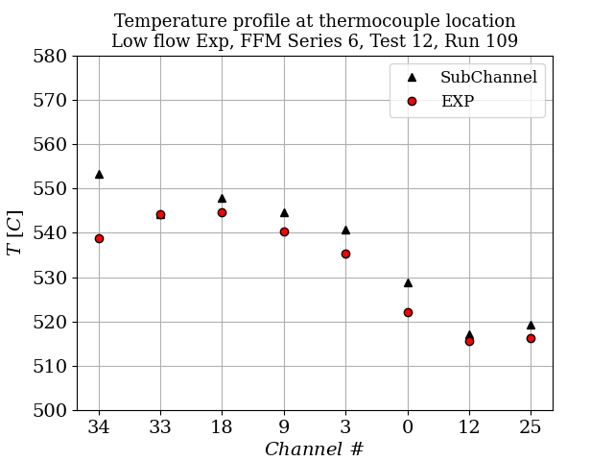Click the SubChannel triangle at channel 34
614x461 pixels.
(x=99, y=174)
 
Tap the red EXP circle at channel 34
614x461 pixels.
(x=99, y=238)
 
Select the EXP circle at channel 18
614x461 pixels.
(x=222, y=212)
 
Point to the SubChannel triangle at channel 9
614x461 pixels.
(x=284, y=212)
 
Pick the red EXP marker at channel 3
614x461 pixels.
(x=345, y=254)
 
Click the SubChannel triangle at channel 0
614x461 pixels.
(x=408, y=282)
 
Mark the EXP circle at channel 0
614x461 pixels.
(x=408, y=312)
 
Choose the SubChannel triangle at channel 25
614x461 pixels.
(x=531, y=325)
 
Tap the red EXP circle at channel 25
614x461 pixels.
(x=531, y=338)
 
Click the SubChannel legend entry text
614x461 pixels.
(x=488, y=78)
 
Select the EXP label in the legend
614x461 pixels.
(x=457, y=101)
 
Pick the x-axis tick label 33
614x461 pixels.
(x=160, y=426)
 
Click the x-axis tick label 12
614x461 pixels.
(x=469, y=426)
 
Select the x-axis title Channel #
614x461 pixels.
(x=314, y=449)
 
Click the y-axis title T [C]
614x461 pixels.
(x=15, y=233)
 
